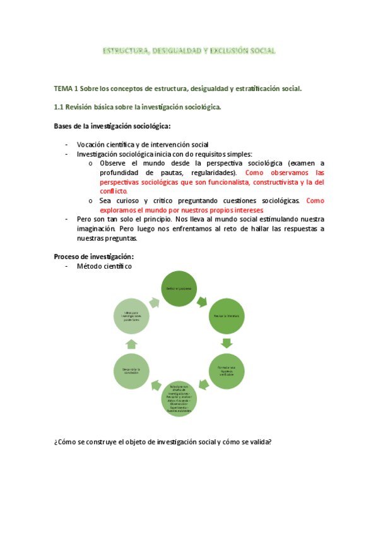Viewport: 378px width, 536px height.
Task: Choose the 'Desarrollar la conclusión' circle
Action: [131, 371]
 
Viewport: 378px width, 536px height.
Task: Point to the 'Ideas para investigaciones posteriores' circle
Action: [131, 315]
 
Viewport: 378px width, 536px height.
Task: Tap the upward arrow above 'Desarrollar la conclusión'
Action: [131, 343]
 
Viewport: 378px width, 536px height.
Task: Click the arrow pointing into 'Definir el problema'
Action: [155, 301]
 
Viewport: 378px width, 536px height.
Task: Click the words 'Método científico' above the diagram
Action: [104, 267]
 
